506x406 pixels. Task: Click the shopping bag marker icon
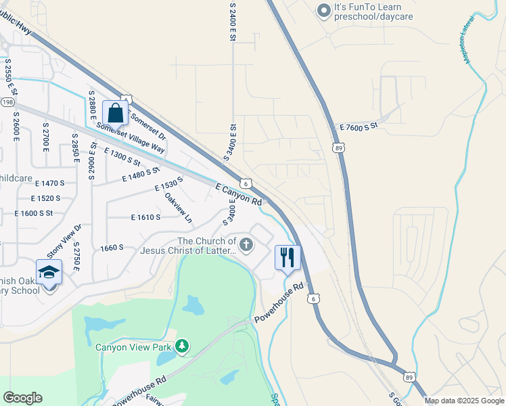[x=114, y=113]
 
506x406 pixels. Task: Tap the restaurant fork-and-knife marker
[x=287, y=258]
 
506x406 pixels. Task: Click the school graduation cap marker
[x=49, y=273]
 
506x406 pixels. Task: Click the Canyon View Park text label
[x=133, y=348]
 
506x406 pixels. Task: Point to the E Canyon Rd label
[x=239, y=194]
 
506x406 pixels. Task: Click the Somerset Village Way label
[x=131, y=137]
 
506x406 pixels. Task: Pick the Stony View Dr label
[x=64, y=241]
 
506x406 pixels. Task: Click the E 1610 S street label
[x=145, y=217]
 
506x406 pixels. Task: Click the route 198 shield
[x=7, y=101]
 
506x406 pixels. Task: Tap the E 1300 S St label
[x=122, y=158]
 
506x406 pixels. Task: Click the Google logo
[x=22, y=398]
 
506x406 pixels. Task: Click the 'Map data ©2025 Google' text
[x=464, y=401]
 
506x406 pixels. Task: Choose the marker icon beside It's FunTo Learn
[x=323, y=10]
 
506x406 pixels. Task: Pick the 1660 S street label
[x=111, y=248]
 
